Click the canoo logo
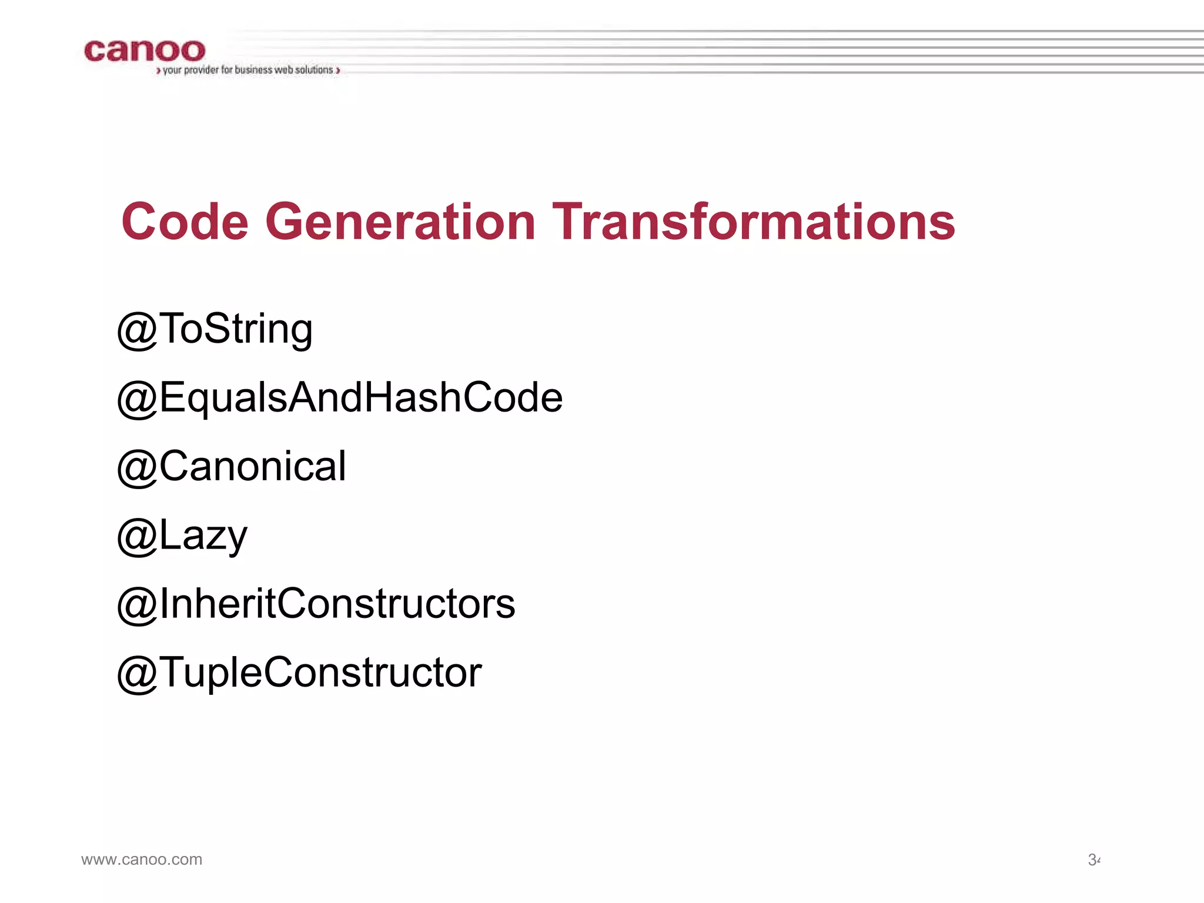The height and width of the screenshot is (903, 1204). (145, 51)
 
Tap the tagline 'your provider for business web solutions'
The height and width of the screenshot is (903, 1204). (248, 70)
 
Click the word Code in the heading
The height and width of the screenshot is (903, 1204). (185, 222)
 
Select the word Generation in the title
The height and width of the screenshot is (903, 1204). (400, 222)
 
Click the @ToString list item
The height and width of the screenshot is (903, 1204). (215, 329)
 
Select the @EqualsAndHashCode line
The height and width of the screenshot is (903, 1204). (340, 398)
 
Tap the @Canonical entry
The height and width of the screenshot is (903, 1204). (232, 467)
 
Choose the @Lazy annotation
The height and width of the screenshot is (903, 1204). (182, 536)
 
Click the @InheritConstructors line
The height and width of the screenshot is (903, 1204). (316, 604)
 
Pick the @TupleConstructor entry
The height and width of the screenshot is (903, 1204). (299, 673)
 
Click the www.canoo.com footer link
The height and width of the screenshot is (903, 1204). (142, 859)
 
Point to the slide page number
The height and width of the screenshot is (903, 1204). (1093, 860)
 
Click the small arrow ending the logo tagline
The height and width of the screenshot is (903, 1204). (338, 71)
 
